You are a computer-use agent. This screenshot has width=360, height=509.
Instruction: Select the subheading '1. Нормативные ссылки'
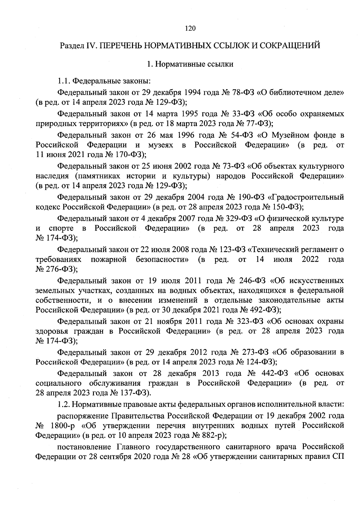(190, 64)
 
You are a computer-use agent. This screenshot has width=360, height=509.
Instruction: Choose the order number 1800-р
(61, 426)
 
